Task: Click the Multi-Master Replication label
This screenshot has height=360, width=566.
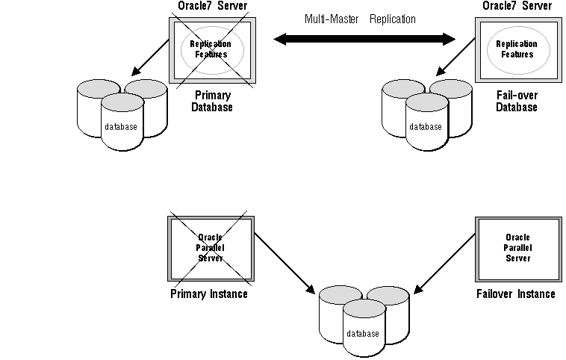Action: click(x=360, y=19)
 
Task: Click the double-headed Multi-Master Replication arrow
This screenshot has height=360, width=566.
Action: click(x=364, y=38)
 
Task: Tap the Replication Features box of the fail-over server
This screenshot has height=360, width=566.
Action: click(x=516, y=49)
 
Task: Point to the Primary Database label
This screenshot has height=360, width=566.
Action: click(x=213, y=102)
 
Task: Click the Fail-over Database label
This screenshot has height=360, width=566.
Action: click(x=516, y=102)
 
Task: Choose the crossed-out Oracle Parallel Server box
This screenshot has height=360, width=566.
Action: click(x=211, y=248)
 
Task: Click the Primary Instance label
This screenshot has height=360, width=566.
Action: click(x=209, y=294)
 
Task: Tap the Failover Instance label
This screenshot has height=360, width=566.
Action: click(x=515, y=294)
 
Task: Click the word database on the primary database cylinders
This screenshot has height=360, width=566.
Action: click(x=121, y=127)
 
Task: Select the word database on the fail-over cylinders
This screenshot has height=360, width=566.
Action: click(x=426, y=127)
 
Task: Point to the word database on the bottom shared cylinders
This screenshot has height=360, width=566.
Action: click(x=363, y=334)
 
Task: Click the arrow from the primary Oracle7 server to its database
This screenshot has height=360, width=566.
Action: click(x=149, y=58)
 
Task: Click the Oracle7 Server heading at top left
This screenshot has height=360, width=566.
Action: click(x=213, y=7)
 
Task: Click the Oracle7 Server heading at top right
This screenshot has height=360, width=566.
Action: click(x=516, y=7)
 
